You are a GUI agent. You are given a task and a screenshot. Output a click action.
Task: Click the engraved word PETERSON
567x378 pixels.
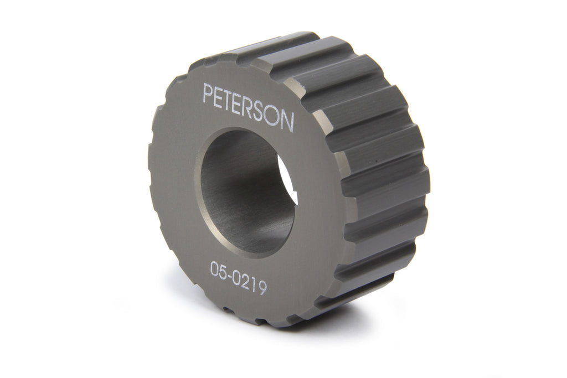pyautogui.click(x=248, y=107)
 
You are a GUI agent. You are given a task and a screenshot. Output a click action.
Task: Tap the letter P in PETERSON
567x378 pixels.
pyautogui.click(x=208, y=95)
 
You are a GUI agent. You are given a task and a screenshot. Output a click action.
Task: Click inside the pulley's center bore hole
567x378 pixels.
pyautogui.click(x=244, y=188)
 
